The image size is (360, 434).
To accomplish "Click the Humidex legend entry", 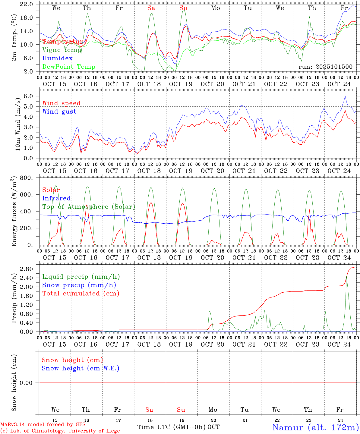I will (57, 58).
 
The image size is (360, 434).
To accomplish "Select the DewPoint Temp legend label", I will (69, 67).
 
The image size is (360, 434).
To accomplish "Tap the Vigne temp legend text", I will (62, 50).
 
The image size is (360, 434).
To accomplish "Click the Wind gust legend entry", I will (59, 112).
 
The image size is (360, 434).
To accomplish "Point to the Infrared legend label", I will (56, 198).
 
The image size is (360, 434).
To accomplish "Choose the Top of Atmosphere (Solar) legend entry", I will (88, 207).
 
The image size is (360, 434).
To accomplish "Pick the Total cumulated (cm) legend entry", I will (81, 294).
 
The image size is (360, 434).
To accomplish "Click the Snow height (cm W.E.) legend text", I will (81, 368).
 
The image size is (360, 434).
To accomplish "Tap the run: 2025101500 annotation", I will (325, 67).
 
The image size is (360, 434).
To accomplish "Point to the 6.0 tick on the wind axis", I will (29, 96).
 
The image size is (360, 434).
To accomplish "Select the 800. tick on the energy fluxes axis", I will (27, 178).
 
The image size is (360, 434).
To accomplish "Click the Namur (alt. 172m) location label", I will (315, 427).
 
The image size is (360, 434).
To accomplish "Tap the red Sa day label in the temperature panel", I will (151, 8).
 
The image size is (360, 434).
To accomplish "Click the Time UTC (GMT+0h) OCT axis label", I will (178, 427).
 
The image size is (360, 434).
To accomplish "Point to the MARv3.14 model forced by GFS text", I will (43, 425).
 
